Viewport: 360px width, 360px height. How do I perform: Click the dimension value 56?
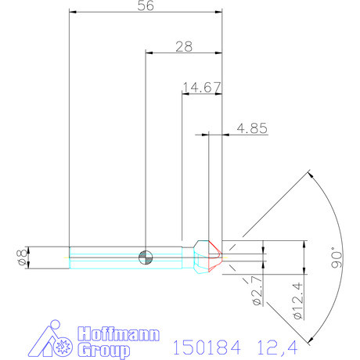pos(146,7)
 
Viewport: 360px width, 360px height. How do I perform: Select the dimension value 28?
pos(185,47)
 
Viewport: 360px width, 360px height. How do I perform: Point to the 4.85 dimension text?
pos(253,128)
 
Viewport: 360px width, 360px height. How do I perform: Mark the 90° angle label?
pos(337,258)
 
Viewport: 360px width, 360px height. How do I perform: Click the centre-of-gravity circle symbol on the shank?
pos(146,257)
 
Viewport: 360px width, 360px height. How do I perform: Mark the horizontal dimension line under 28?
pos(185,53)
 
